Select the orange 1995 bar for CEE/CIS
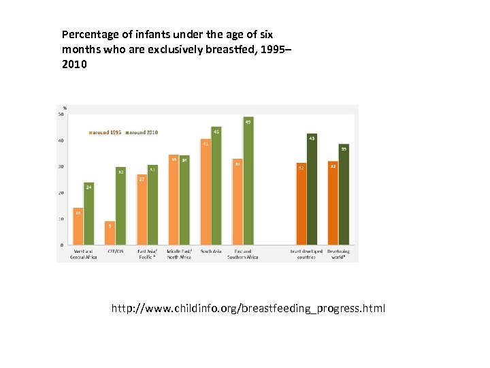pyautogui.click(x=110, y=232)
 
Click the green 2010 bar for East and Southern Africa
pyautogui.click(x=248, y=181)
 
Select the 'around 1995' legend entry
pyautogui.click(x=105, y=132)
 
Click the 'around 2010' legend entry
pyautogui.click(x=142, y=132)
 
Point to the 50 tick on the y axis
pyautogui.click(x=61, y=114)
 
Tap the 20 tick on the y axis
pyautogui.click(x=61, y=193)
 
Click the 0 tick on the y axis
pyautogui.click(x=63, y=245)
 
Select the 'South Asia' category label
pyautogui.click(x=211, y=251)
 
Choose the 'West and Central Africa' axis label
pyautogui.click(x=84, y=254)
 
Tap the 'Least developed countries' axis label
pyautogui.click(x=306, y=254)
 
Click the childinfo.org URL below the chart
pyautogui.click(x=248, y=309)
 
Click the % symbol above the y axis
pyautogui.click(x=65, y=108)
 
